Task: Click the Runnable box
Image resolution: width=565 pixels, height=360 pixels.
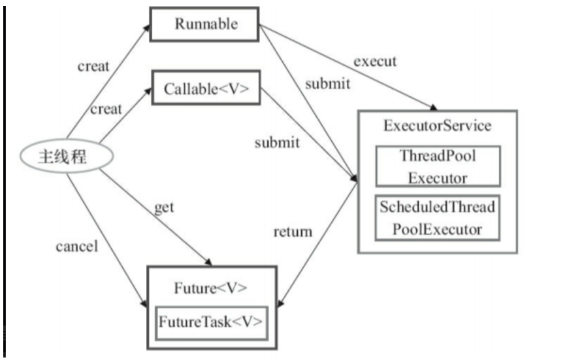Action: [205, 24]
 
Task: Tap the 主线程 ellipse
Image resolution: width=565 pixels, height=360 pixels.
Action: [66, 157]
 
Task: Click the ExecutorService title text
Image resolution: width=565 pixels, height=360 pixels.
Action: [437, 126]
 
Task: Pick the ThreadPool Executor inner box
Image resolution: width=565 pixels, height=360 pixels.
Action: [438, 166]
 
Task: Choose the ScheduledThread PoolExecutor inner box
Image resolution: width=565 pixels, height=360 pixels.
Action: [437, 218]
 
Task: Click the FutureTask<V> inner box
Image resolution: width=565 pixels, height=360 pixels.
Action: [211, 322]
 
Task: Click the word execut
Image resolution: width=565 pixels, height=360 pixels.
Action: [375, 62]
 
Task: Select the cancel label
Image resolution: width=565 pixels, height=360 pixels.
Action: [77, 246]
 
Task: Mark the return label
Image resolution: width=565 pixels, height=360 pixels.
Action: [293, 231]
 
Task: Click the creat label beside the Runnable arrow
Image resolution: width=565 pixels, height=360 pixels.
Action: [93, 66]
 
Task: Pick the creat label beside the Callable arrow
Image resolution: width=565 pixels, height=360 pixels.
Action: [106, 109]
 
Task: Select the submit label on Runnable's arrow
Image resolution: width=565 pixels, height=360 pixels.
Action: [327, 84]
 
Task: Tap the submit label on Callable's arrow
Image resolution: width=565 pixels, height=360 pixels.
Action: [277, 142]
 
